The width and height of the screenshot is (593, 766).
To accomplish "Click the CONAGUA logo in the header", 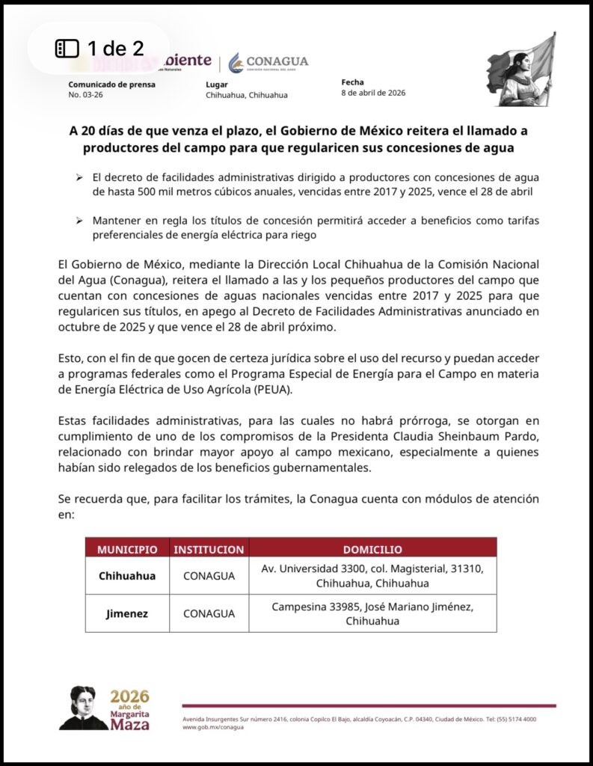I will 268,62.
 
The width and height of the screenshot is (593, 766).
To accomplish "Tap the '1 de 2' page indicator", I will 100,49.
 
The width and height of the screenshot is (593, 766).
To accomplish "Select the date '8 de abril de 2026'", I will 373,94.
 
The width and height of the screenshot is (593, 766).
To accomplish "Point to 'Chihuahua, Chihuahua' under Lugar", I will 246,96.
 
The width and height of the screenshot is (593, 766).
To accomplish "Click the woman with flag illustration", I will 520,71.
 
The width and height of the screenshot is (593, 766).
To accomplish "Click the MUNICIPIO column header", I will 127,549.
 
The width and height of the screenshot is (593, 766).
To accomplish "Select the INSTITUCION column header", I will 209,549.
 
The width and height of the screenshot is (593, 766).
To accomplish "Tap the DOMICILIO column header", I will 372,549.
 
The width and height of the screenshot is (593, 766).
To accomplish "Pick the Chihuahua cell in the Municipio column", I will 127,576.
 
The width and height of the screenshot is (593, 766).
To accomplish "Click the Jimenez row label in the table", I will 127,613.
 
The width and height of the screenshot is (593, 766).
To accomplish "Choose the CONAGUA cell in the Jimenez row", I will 209,613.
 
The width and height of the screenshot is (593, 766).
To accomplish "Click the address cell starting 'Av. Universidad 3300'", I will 372,576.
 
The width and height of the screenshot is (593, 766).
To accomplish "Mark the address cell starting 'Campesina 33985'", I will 372,613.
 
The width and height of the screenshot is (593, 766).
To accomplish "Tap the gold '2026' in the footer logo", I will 129,696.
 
